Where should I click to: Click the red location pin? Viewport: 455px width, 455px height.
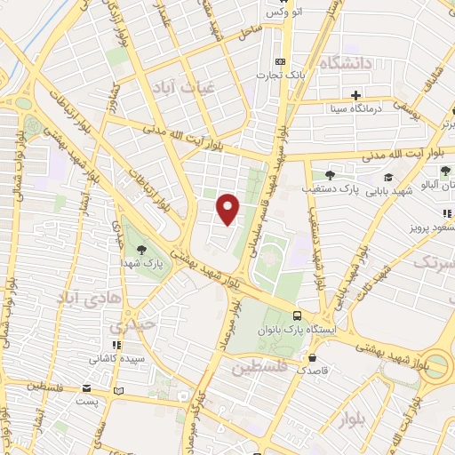pos(229,210)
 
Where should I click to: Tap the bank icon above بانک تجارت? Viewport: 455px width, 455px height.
pos(281,60)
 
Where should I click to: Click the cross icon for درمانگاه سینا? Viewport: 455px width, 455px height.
pos(355,94)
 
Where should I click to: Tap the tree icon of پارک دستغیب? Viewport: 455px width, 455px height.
pos(330,174)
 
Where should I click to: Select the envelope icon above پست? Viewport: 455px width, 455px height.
pos(86,388)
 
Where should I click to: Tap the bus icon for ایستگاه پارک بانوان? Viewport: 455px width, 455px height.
pos(297,315)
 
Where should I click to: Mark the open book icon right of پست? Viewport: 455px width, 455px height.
pos(119,389)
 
